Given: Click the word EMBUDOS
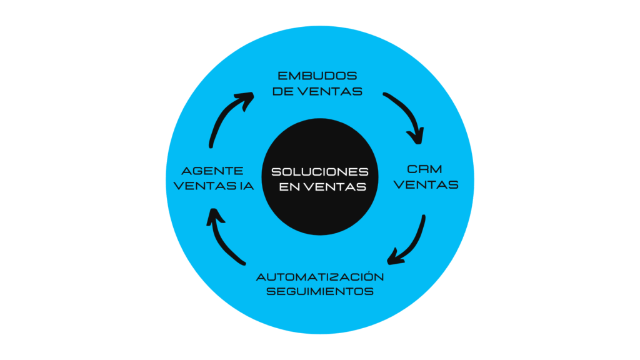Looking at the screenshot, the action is click(317, 76).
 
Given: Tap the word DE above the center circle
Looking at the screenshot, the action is click(283, 91).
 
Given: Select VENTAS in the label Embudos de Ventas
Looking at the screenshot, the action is click(330, 91).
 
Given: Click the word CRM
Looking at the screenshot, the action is click(425, 169).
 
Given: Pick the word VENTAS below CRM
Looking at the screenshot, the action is click(426, 185).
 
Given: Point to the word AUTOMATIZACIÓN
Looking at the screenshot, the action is click(320, 277).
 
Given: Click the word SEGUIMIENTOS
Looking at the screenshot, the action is click(320, 291).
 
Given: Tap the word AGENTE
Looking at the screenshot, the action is click(212, 171).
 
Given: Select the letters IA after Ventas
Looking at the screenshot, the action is click(246, 186).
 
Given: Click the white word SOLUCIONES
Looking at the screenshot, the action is click(320, 172).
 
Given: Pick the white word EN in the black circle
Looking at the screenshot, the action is click(290, 187).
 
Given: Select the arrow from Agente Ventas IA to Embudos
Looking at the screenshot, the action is click(222, 114).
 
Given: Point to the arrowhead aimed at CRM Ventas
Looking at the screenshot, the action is click(417, 137).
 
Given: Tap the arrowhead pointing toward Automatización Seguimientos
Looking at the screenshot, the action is click(394, 257).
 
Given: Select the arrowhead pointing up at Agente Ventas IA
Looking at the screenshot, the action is click(215, 216).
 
